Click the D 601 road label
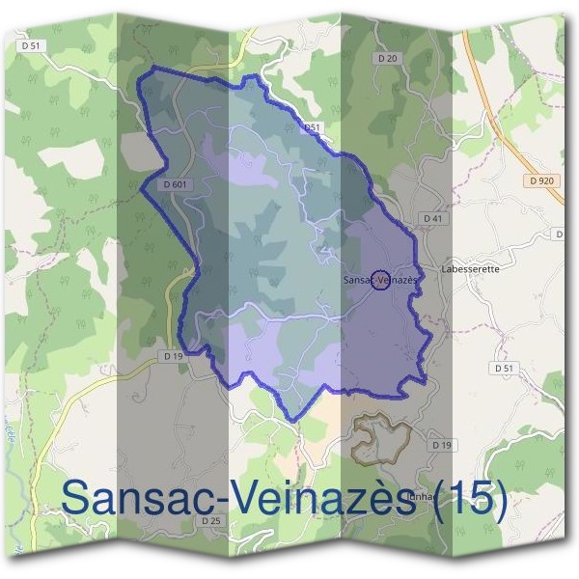pyautogui.click(x=175, y=183)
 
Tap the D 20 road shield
pyautogui.click(x=388, y=59)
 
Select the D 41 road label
pyautogui.click(x=432, y=219)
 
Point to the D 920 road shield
pyautogui.click(x=542, y=180)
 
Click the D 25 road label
pyautogui.click(x=211, y=521)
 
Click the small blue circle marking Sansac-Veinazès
pyautogui.click(x=380, y=279)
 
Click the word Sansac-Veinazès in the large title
pyautogui.click(x=241, y=497)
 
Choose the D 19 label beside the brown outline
pyautogui.click(x=440, y=444)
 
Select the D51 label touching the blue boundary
pyautogui.click(x=311, y=126)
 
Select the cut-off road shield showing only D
pyautogui.click(x=561, y=234)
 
